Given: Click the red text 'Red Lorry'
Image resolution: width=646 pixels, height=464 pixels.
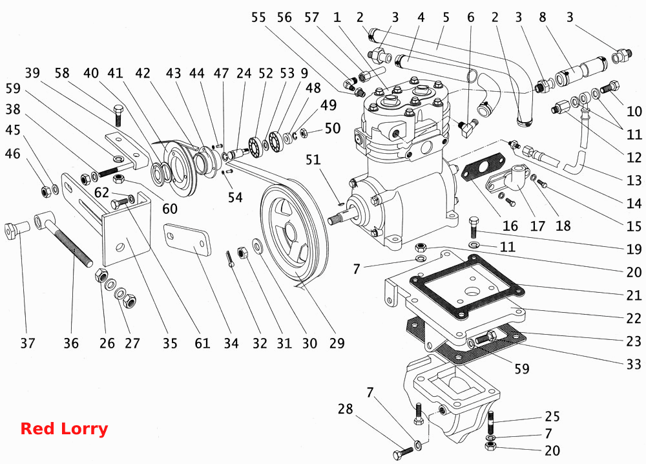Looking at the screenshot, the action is [x=64, y=428].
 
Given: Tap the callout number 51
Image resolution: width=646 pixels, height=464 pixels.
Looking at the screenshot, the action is [x=313, y=160].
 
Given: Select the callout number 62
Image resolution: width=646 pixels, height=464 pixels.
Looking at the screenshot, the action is [x=101, y=193].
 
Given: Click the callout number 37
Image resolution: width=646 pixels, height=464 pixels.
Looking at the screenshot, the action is [x=28, y=343].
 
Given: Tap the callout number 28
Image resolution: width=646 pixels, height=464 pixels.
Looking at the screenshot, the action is [x=345, y=409].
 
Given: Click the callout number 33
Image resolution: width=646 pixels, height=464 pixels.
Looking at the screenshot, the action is [x=634, y=364].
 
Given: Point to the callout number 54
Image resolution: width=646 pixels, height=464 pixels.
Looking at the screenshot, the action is [x=235, y=197].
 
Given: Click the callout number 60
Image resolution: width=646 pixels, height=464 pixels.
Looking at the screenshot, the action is [x=169, y=209].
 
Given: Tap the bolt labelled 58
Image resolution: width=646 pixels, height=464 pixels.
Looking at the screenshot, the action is [x=118, y=116].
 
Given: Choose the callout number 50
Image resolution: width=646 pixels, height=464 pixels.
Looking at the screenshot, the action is [x=333, y=128].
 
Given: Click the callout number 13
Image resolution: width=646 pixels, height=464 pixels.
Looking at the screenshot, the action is [x=634, y=180].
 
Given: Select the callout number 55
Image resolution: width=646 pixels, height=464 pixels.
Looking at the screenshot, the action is [x=259, y=17].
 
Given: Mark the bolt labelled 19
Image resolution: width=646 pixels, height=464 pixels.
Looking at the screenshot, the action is [x=474, y=226].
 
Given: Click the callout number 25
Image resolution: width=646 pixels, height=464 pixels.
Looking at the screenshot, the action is [x=552, y=417].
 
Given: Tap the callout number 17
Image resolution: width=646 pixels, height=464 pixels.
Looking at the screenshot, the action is [x=537, y=226].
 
